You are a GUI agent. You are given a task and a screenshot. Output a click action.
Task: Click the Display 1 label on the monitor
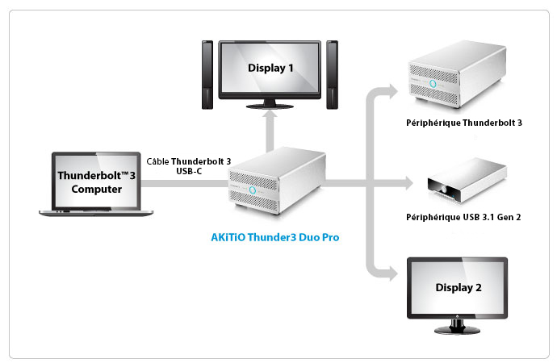270,68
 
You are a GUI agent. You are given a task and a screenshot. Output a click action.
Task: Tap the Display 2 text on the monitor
459,287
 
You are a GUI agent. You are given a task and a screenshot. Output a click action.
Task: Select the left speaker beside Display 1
207,75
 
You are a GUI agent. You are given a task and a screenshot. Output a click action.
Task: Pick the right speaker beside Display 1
332,75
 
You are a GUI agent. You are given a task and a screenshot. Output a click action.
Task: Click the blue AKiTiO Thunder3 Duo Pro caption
275,237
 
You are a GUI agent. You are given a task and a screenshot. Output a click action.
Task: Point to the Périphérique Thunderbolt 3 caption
464,123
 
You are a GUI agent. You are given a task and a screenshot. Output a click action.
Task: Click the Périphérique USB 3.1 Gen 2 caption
463,217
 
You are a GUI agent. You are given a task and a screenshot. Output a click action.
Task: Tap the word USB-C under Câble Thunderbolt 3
189,171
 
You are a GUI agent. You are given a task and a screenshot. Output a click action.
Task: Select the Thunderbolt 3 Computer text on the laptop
97,182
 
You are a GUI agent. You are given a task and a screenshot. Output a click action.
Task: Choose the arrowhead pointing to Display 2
392,273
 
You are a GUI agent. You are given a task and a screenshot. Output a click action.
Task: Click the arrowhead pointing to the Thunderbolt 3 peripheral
392,91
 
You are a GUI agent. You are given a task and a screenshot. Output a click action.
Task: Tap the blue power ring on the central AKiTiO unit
253,190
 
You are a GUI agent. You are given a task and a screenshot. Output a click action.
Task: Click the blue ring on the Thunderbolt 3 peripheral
433,84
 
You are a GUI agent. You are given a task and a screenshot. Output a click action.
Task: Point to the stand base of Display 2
457,331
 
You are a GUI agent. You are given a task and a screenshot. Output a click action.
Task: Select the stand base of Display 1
270,106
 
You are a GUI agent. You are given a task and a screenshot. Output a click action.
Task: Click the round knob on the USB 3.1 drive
444,191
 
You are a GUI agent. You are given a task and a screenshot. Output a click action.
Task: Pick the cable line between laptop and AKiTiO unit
185,183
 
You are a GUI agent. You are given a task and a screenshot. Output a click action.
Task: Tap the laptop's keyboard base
96,213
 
